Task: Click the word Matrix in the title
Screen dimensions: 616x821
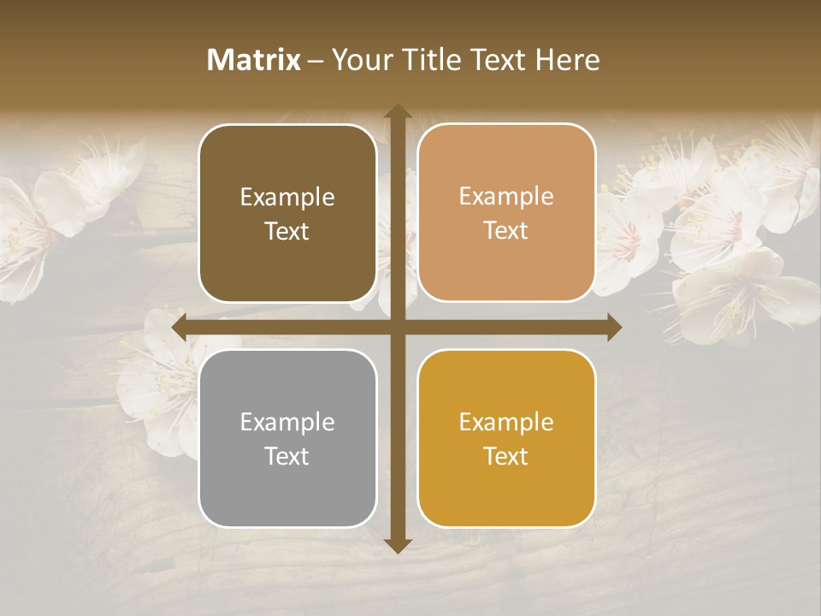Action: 254,60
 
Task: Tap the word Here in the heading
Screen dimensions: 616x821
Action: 567,60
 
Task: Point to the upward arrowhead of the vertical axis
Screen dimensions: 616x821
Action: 397,112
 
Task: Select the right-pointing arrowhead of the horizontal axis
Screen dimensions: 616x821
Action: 613,328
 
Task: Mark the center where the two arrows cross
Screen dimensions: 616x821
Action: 397,328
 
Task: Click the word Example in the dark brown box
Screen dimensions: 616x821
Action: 287,198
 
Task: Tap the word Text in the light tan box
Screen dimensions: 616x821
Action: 506,231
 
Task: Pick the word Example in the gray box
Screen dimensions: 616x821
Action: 287,423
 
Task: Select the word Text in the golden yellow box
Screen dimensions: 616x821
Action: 506,456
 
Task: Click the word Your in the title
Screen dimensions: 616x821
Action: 360,60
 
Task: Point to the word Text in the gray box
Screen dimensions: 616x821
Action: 287,456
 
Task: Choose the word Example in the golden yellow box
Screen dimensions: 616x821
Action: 506,423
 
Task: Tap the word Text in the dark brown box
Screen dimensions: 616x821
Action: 287,231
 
